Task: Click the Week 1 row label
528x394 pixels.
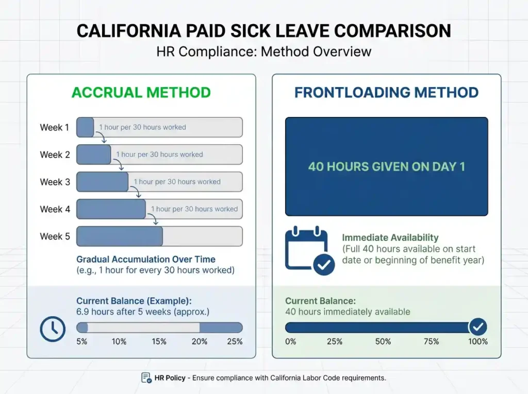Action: click(x=54, y=127)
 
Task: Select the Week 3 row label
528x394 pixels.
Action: click(x=55, y=182)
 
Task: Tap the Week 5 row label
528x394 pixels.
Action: click(x=55, y=236)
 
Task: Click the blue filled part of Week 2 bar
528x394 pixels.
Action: click(x=93, y=155)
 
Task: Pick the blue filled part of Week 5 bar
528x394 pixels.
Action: click(x=120, y=236)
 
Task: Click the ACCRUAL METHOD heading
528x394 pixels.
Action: click(x=141, y=93)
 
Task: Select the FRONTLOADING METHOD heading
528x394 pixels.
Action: click(x=386, y=93)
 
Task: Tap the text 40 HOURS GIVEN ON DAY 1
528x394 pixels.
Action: click(x=386, y=167)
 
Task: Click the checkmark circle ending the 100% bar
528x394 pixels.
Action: click(x=477, y=327)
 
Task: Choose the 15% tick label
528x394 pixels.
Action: click(x=159, y=341)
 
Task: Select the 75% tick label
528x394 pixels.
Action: click(x=431, y=341)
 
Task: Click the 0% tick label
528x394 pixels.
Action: click(x=290, y=341)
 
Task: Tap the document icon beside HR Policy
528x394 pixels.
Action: click(x=146, y=378)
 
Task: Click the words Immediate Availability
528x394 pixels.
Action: click(x=390, y=237)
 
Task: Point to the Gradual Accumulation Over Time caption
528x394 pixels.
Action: click(x=146, y=260)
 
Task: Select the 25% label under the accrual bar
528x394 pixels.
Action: click(x=235, y=341)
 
